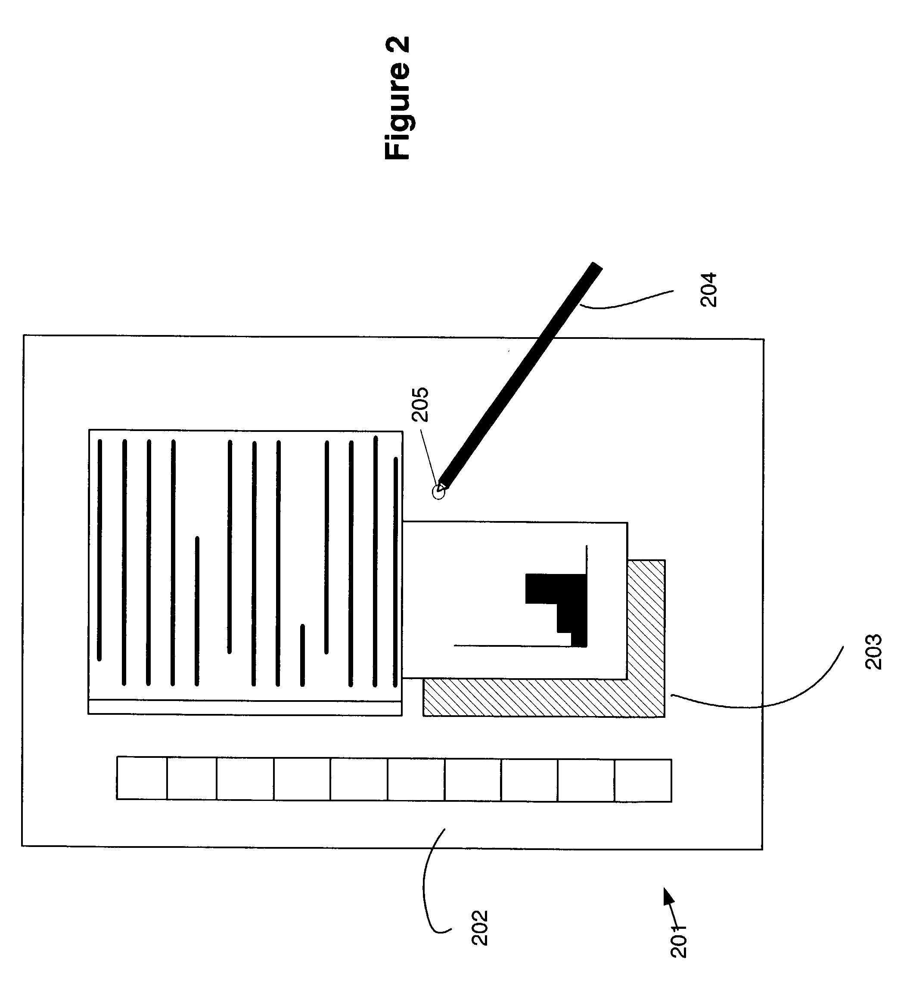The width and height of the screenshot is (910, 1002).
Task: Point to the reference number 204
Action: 708,290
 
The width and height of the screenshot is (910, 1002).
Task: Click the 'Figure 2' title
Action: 398,99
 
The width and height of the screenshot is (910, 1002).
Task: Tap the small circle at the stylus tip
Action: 438,492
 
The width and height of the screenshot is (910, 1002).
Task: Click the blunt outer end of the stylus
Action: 597,267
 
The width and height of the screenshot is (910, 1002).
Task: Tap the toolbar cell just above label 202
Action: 472,779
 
